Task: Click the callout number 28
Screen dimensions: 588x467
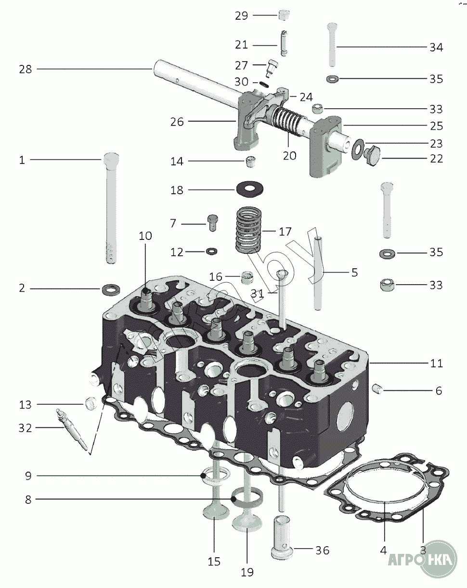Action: tap(26, 69)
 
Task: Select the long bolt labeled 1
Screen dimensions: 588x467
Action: tap(110, 207)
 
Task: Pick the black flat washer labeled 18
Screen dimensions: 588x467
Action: tap(250, 189)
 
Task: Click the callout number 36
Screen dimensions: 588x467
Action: tap(322, 550)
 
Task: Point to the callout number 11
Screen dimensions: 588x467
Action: tap(436, 363)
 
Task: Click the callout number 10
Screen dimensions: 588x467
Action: tap(145, 236)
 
